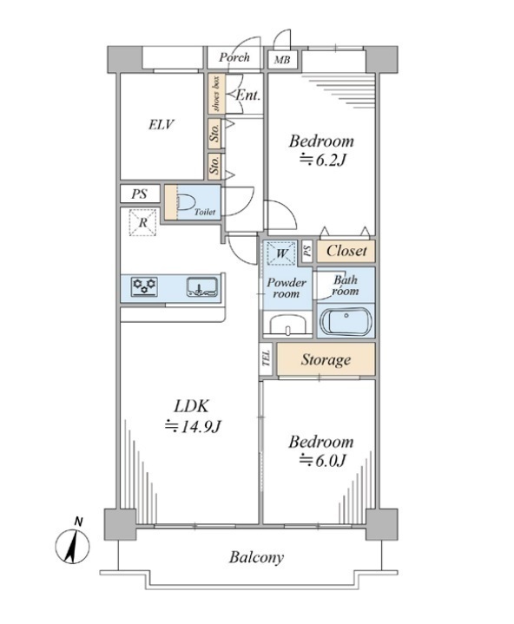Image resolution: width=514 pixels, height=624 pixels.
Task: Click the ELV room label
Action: [161, 125]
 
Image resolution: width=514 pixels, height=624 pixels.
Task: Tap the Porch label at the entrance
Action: [234, 57]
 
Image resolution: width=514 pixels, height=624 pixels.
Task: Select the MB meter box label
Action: [282, 60]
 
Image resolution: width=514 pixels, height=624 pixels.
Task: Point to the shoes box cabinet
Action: [216, 93]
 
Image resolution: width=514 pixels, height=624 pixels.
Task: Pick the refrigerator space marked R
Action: [142, 222]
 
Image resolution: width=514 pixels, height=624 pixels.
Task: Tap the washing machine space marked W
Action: [281, 253]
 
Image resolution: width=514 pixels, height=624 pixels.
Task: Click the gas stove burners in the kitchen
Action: [144, 286]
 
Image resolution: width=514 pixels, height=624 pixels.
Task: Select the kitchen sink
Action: [202, 286]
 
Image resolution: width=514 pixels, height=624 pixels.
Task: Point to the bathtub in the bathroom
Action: [346, 320]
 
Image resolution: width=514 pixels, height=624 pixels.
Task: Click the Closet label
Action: [346, 251]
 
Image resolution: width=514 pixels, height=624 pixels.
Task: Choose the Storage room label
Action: [326, 359]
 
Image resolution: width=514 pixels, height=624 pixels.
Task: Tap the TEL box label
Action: [266, 358]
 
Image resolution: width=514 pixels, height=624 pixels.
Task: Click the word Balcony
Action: [256, 557]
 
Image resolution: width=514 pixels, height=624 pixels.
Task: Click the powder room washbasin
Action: [287, 324]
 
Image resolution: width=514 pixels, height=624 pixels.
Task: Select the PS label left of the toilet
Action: [139, 194]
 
